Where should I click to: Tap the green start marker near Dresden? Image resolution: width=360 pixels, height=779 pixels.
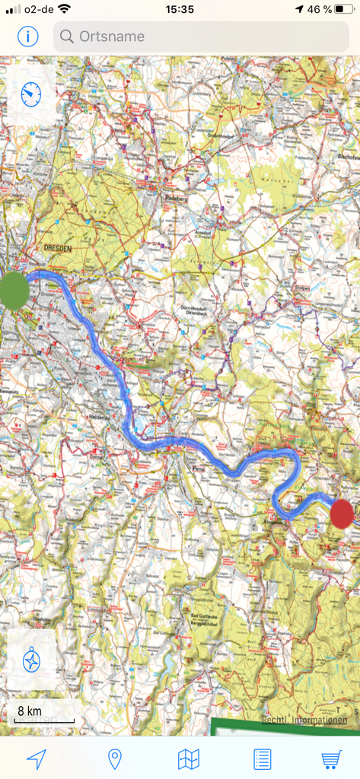(x=13, y=290)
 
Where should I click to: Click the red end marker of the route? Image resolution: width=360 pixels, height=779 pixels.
(x=342, y=514)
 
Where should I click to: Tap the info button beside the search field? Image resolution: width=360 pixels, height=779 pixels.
(x=28, y=36)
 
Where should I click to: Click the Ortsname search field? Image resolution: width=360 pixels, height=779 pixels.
(x=201, y=36)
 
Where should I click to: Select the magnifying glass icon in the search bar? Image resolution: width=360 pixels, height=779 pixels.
(x=67, y=37)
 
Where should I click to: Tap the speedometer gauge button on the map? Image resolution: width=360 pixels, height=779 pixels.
(x=30, y=94)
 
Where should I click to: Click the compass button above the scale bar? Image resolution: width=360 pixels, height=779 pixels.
(x=31, y=659)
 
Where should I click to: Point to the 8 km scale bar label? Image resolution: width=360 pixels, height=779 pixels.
(x=30, y=711)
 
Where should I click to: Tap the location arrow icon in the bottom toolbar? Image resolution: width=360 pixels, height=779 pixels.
(x=36, y=758)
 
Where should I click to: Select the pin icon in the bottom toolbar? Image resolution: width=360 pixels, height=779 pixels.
(x=115, y=758)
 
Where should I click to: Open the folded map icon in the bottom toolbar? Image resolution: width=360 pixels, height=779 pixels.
(x=188, y=758)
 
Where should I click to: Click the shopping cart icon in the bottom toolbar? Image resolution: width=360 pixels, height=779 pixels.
(x=331, y=758)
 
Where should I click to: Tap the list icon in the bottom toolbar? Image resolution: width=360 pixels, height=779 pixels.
(x=262, y=758)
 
